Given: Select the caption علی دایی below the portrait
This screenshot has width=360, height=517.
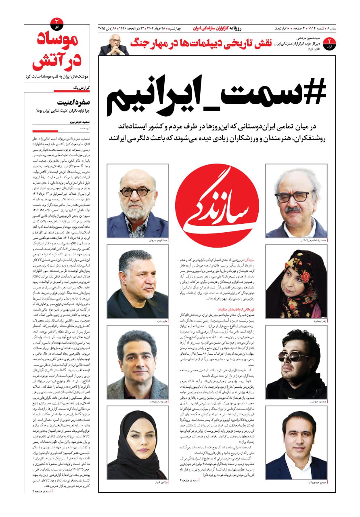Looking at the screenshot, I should pyautogui.click(x=163, y=321).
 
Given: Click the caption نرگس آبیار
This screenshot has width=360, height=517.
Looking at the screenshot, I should pyautogui.click(x=162, y=482).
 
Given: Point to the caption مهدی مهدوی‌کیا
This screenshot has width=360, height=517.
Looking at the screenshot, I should pyautogui.click(x=316, y=482).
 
